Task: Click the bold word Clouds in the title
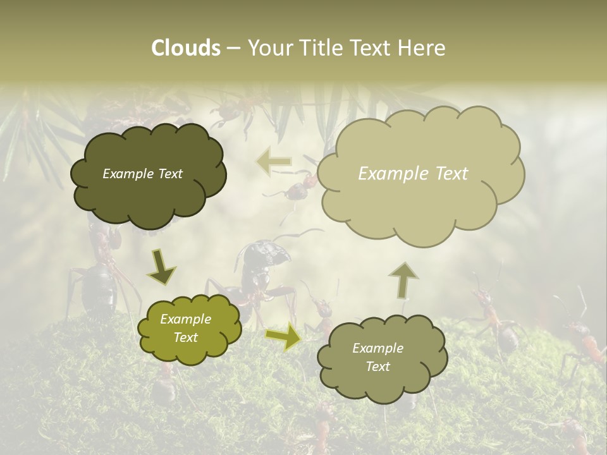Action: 185,48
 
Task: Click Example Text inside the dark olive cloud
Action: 142,174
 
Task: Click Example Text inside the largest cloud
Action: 413,174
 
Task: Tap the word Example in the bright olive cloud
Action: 185,320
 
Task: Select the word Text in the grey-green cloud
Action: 377,367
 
